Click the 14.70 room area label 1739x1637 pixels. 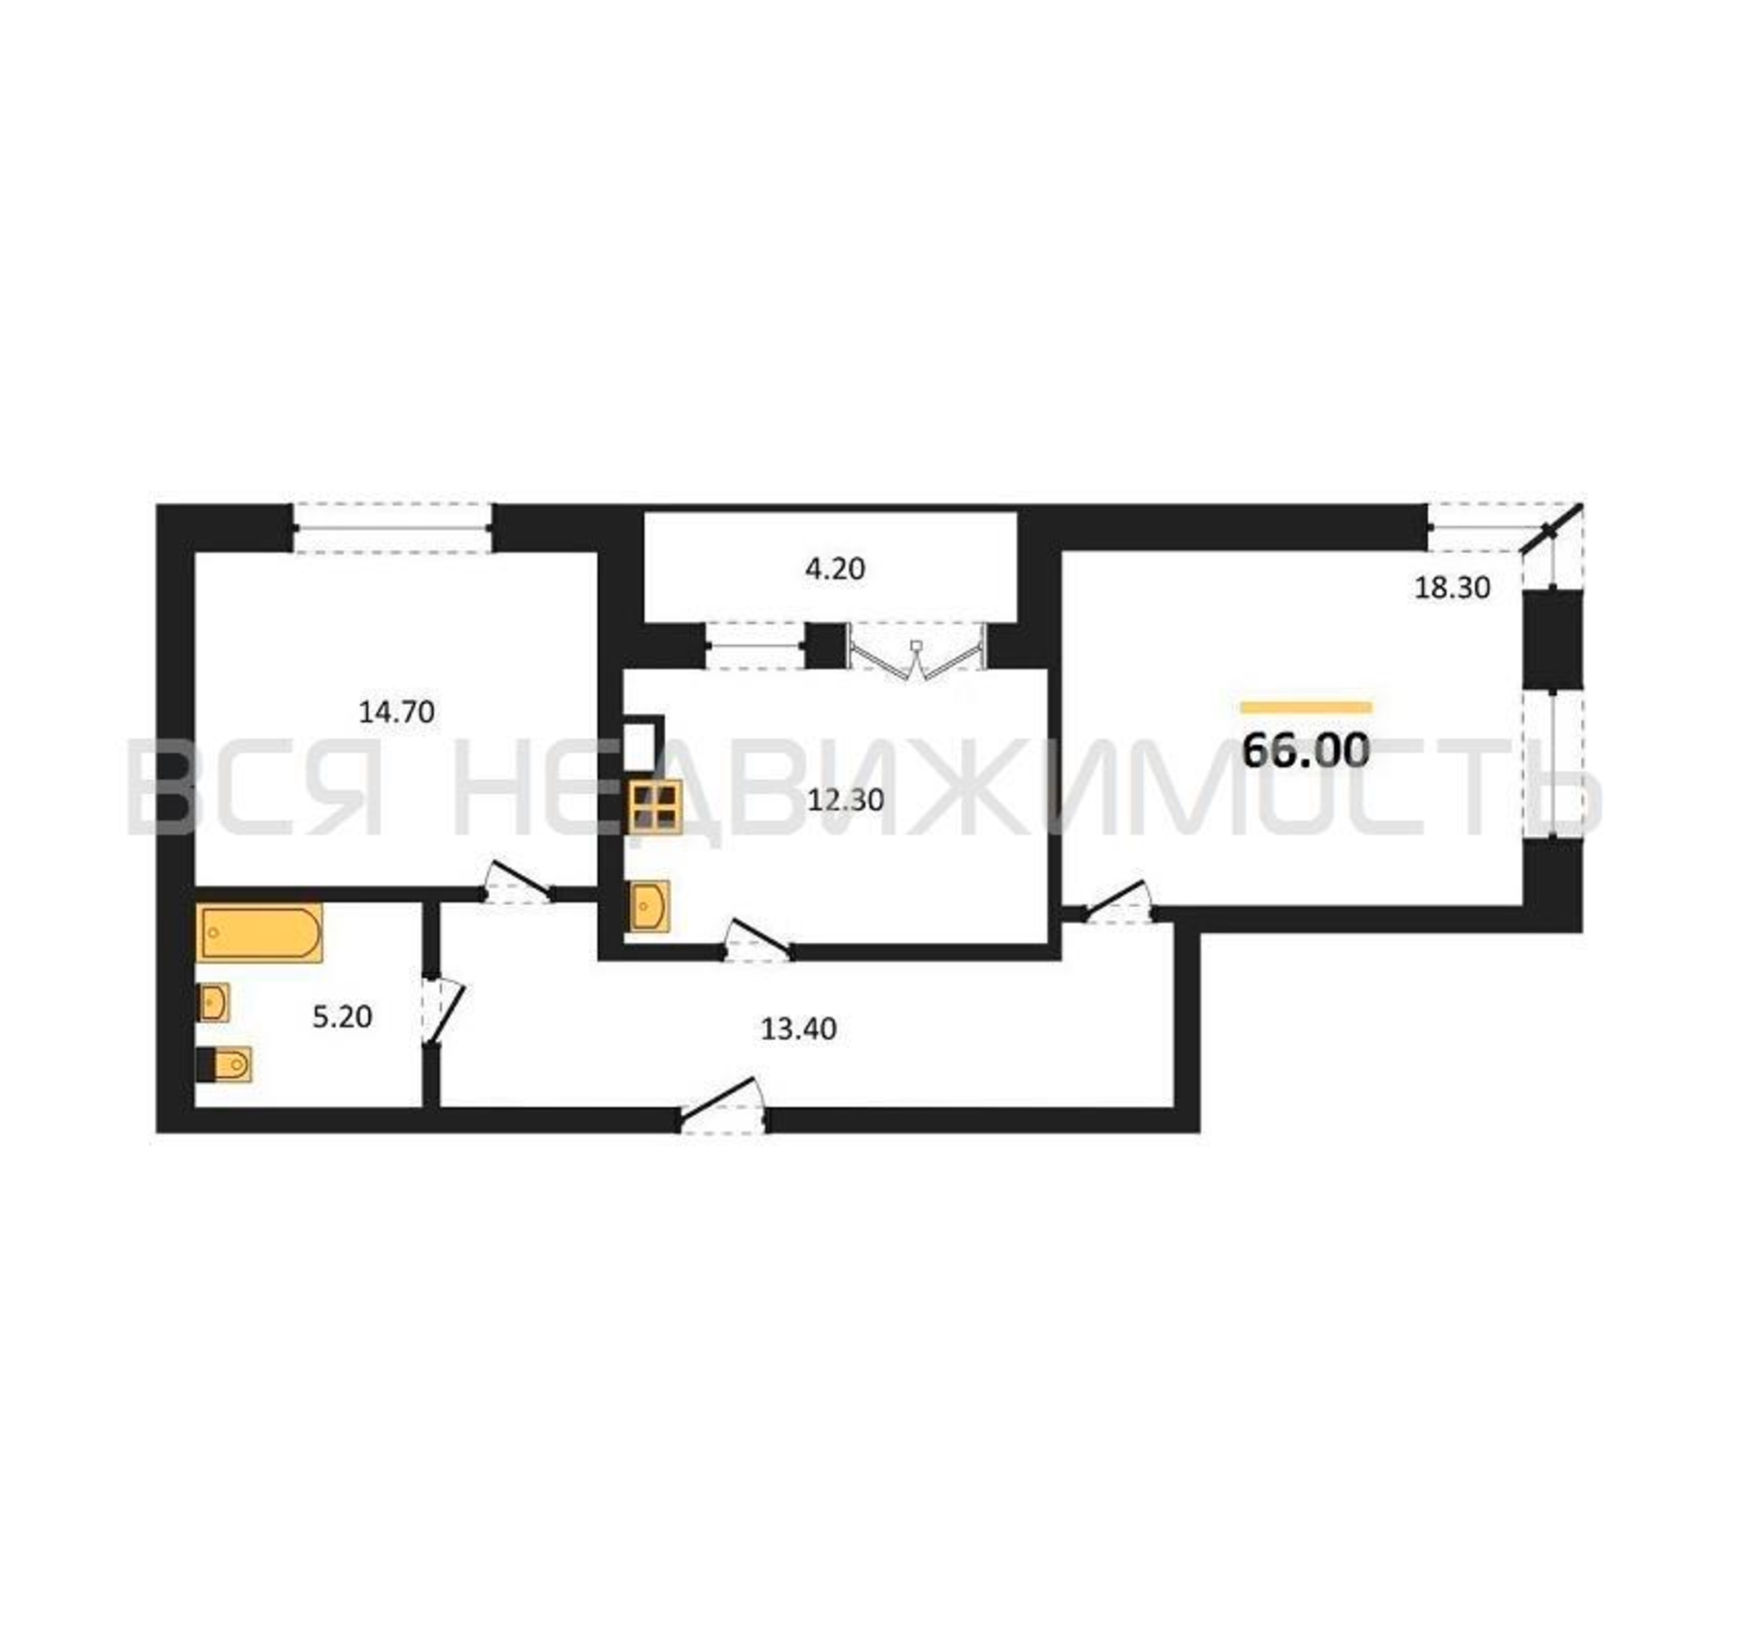click(396, 712)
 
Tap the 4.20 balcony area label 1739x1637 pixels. click(835, 570)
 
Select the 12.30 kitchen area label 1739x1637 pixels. click(845, 800)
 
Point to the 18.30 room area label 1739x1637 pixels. click(1452, 588)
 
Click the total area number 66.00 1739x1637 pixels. click(1306, 750)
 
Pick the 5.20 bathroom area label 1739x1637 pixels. click(342, 1017)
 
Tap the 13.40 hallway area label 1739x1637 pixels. click(798, 1029)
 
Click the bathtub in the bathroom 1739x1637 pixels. click(259, 934)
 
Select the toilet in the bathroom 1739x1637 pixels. click(225, 1064)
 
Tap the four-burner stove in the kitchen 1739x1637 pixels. click(656, 808)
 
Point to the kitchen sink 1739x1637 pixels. click(650, 905)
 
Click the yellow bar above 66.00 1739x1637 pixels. click(1306, 708)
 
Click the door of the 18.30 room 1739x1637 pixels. click(1117, 902)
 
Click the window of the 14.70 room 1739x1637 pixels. click(392, 528)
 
